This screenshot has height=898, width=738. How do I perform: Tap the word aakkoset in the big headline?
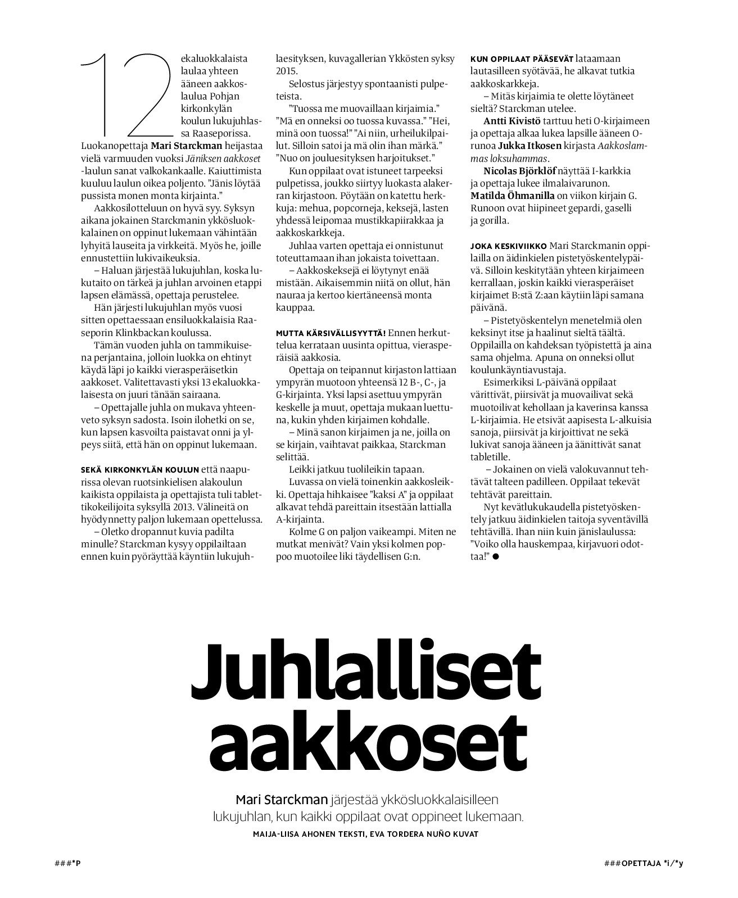click(368, 742)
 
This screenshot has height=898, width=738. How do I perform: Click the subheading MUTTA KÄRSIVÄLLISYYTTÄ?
click(330, 333)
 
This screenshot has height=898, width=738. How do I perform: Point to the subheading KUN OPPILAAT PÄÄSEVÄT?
click(522, 58)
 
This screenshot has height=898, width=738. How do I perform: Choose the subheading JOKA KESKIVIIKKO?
click(509, 246)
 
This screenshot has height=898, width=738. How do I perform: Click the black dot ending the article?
click(496, 557)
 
